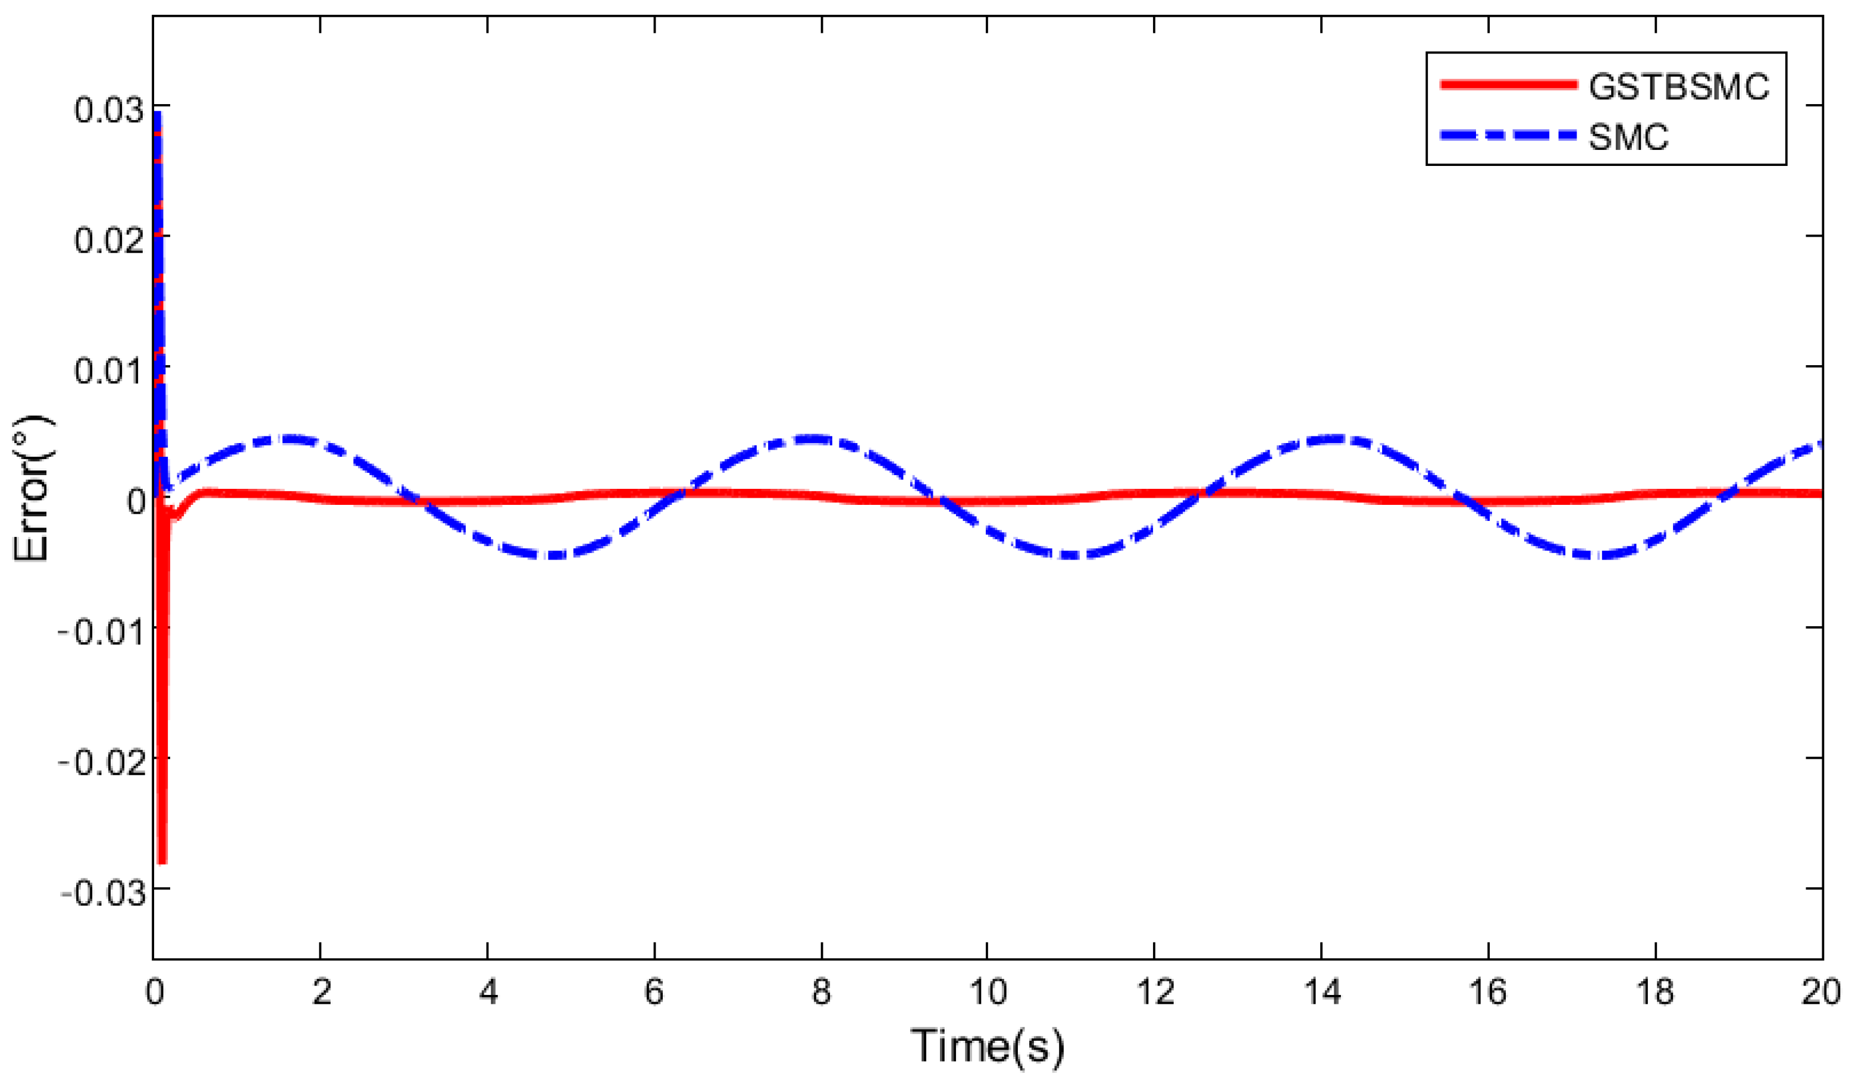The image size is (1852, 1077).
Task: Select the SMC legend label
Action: click(x=1628, y=137)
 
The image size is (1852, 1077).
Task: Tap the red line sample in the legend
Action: click(x=1508, y=84)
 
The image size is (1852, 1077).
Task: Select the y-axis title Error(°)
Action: click(x=33, y=488)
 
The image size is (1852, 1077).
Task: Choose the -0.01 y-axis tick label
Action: click(x=101, y=633)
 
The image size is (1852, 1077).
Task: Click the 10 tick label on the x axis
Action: click(x=987, y=993)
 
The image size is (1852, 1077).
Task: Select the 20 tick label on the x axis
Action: click(x=1821, y=993)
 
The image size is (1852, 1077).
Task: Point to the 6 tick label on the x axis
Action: click(x=654, y=993)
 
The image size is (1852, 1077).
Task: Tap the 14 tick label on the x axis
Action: click(x=1321, y=993)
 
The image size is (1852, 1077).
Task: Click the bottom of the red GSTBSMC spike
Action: click(x=162, y=861)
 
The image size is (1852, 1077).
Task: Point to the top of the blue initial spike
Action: click(x=156, y=114)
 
